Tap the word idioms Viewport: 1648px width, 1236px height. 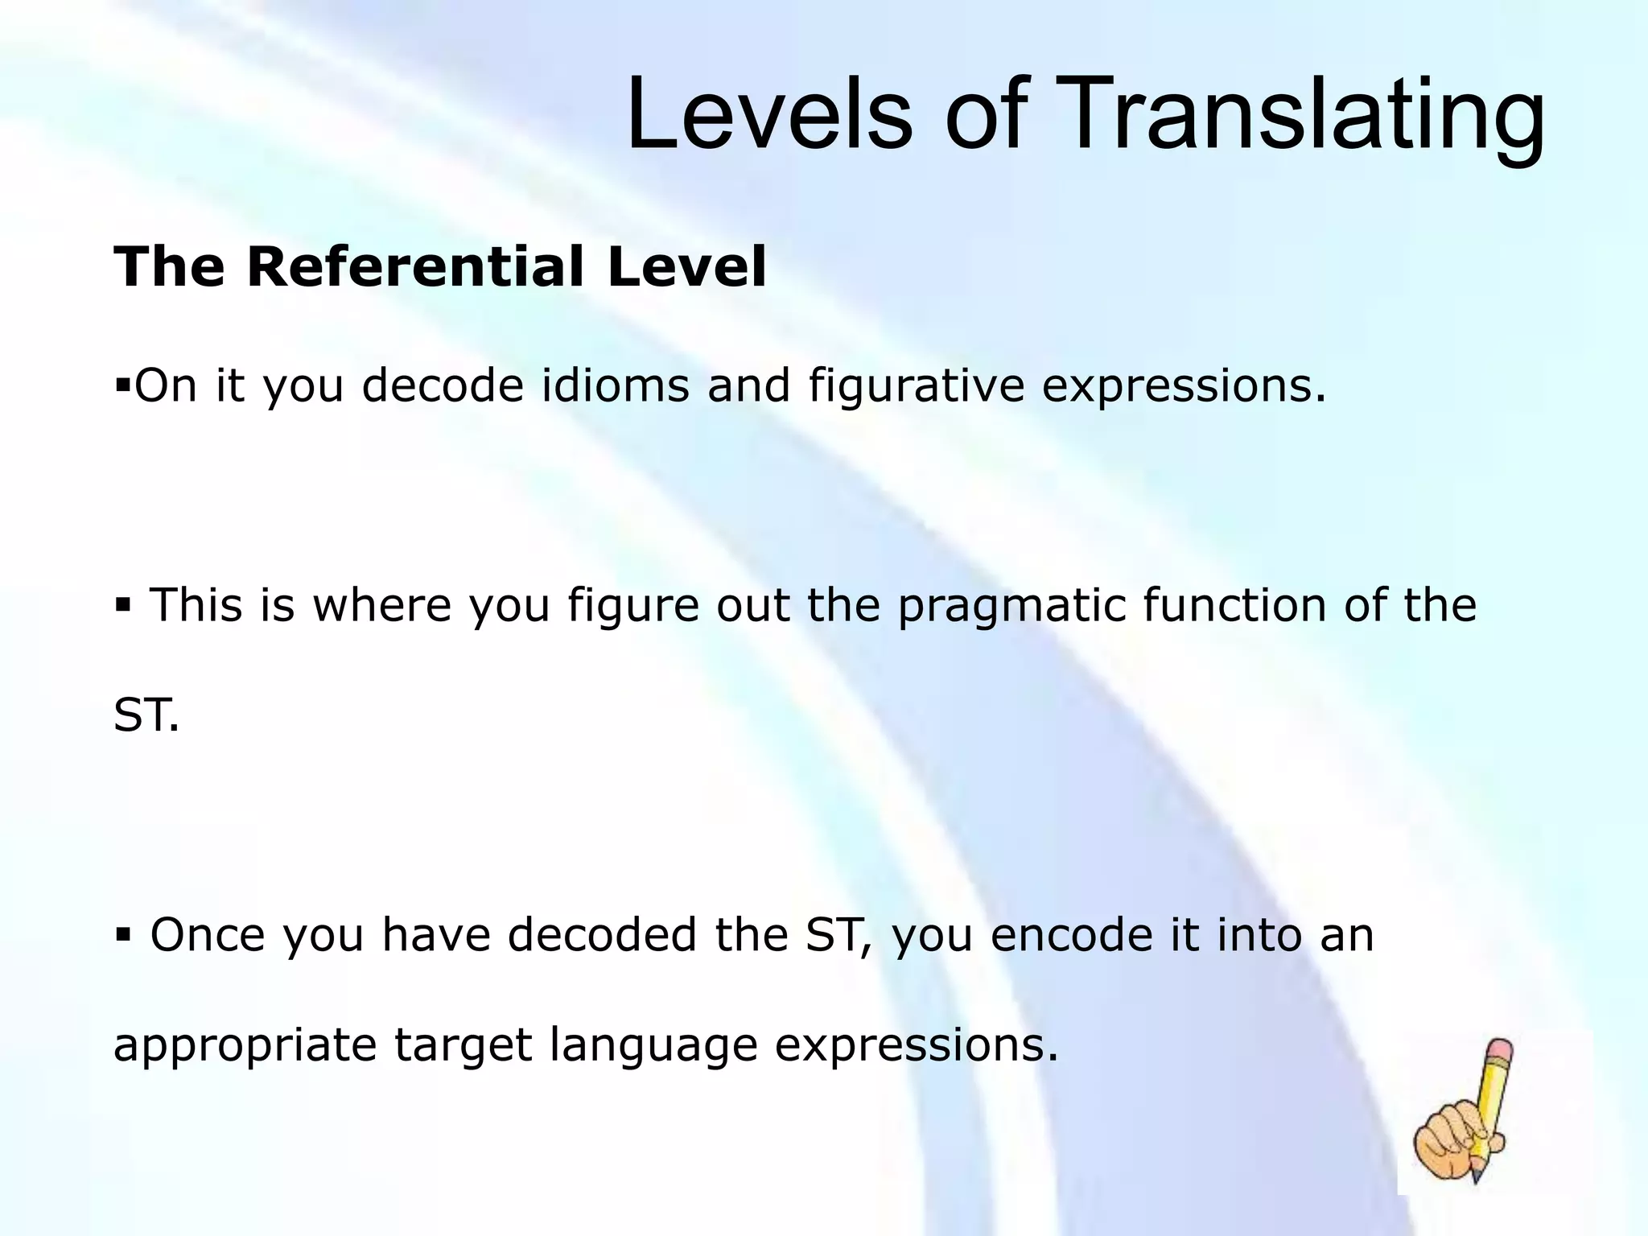[616, 385]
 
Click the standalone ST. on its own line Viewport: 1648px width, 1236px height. [146, 715]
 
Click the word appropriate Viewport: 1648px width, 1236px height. [245, 1045]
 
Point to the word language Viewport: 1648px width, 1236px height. [654, 1045]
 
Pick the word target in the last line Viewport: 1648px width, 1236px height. [463, 1045]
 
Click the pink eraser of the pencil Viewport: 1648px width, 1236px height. [1502, 1050]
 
